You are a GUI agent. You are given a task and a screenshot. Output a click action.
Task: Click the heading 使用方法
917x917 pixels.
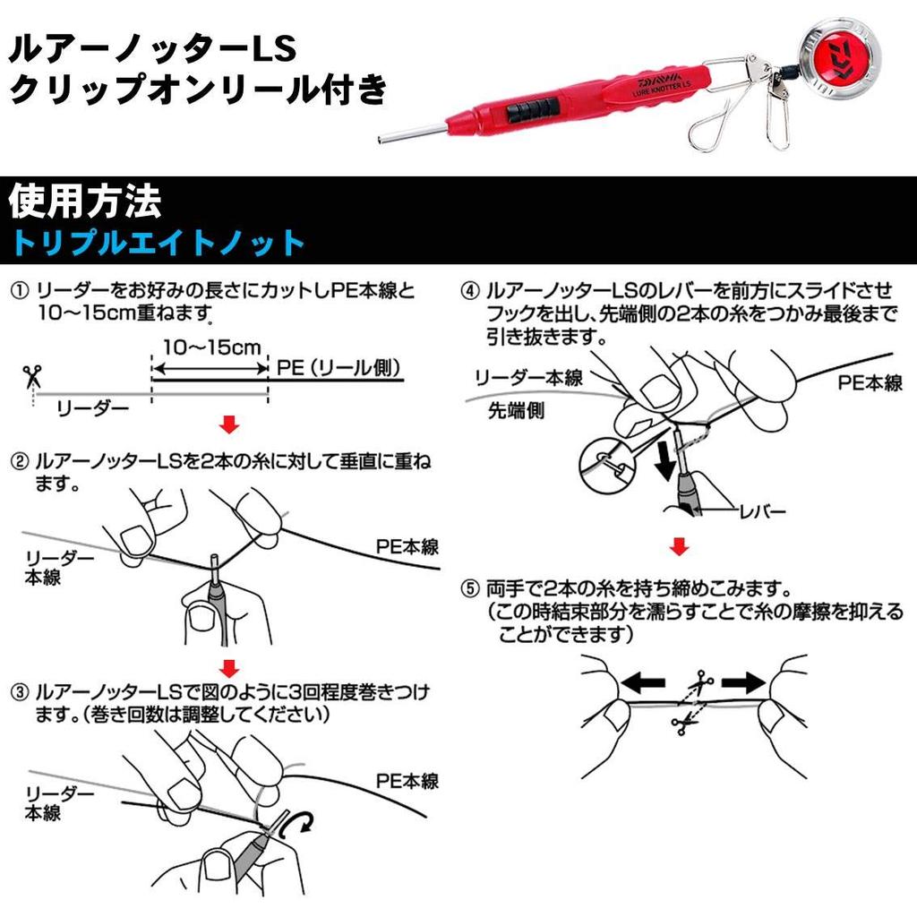pos(84,202)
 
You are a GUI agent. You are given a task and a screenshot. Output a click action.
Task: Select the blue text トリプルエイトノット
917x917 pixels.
pos(159,243)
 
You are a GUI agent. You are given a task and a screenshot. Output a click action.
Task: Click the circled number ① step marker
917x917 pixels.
pos(20,292)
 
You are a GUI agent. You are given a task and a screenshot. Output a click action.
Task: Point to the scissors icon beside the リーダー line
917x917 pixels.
pos(33,376)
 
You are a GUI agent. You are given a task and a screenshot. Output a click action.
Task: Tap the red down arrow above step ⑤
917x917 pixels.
pos(681,545)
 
